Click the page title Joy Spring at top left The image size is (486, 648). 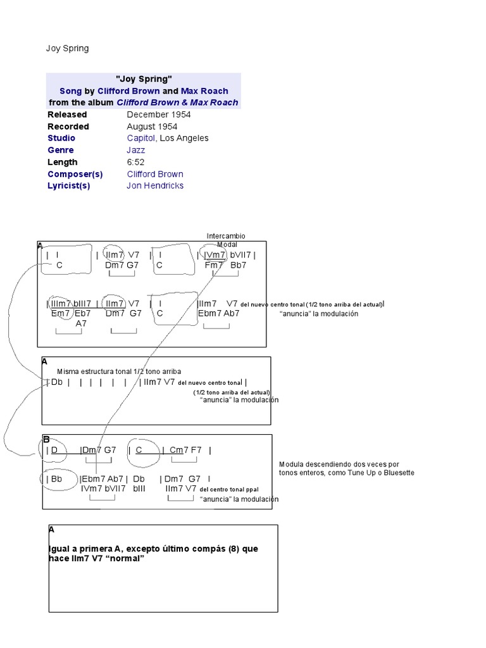[x=68, y=48]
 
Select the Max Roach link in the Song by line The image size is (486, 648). [x=204, y=90]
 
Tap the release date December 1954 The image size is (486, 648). [x=158, y=115]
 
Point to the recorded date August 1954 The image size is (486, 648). [x=152, y=127]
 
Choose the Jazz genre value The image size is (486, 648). [x=135, y=150]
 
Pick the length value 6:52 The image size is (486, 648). [x=135, y=162]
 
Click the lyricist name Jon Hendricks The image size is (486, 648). [x=155, y=185]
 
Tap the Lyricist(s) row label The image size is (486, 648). [x=69, y=185]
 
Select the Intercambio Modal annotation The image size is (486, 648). [x=226, y=240]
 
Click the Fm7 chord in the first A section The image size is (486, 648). [x=214, y=265]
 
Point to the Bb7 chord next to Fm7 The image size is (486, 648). [x=238, y=265]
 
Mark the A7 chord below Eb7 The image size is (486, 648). [x=81, y=323]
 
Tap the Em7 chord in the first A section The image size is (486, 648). [x=60, y=313]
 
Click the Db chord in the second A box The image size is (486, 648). [x=57, y=382]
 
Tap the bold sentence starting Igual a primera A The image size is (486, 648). [x=153, y=553]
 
